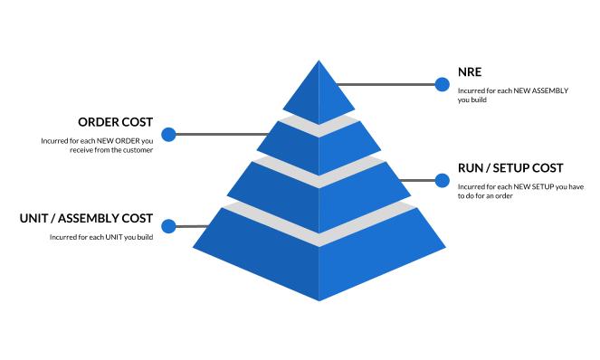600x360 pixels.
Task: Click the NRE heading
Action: coord(471,73)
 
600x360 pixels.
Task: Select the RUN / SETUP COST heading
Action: coord(510,168)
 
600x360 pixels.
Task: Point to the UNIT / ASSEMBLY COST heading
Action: coord(86,219)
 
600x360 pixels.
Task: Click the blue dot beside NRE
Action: coord(443,85)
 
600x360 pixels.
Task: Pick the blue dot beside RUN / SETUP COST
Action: coord(443,180)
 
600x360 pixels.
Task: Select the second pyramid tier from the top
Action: coord(319,139)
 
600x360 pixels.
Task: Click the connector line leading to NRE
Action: coord(389,85)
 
